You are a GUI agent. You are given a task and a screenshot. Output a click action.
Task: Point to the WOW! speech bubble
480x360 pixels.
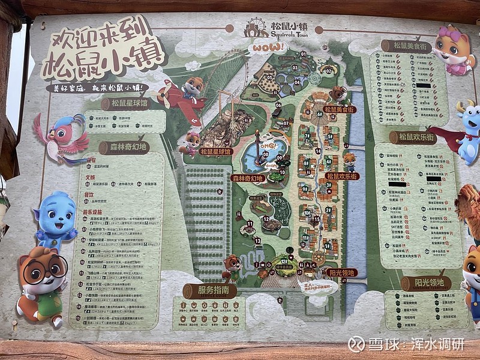(x=268, y=46)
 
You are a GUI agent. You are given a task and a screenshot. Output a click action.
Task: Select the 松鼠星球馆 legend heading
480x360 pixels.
(x=123, y=104)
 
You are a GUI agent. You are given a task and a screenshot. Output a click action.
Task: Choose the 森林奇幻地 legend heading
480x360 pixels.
(x=124, y=146)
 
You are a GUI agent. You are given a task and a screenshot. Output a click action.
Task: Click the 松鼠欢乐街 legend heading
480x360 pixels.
(x=413, y=137)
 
